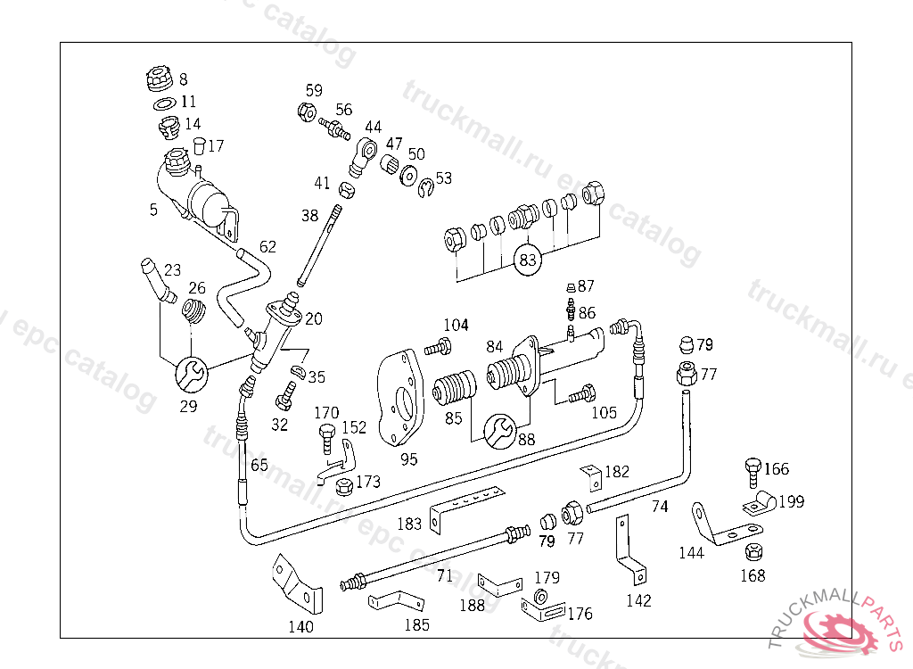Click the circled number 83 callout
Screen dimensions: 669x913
click(x=528, y=260)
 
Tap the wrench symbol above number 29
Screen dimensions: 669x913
click(x=191, y=373)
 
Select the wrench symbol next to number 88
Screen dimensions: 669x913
click(x=498, y=433)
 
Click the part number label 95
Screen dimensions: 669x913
click(x=409, y=459)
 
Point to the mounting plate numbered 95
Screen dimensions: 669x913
click(x=400, y=398)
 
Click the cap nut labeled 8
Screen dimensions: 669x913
click(x=158, y=79)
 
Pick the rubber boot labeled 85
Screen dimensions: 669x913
click(x=454, y=389)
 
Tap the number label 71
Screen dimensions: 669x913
click(x=445, y=576)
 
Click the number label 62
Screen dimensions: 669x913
click(x=267, y=246)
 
